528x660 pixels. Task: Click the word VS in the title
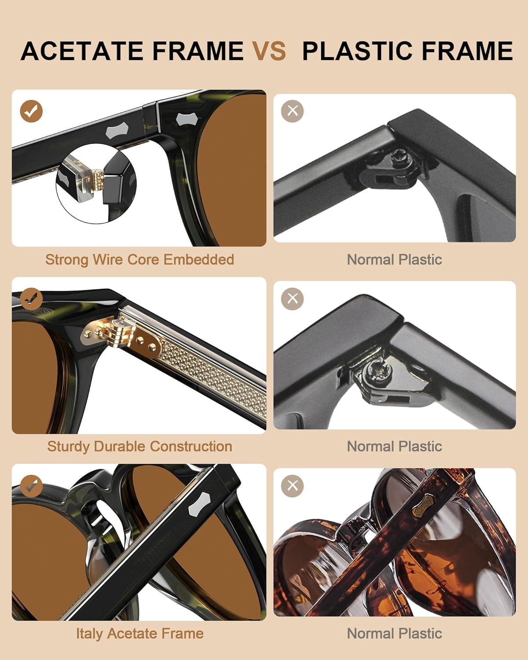click(x=269, y=51)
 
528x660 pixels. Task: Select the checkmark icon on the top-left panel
click(x=31, y=111)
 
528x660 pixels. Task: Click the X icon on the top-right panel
click(x=292, y=111)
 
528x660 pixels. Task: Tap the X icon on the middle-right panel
click(x=292, y=299)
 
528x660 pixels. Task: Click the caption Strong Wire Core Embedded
click(x=139, y=260)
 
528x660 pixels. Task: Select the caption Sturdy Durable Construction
click(x=139, y=447)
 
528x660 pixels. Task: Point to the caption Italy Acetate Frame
click(x=139, y=633)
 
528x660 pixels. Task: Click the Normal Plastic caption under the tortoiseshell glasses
click(x=395, y=633)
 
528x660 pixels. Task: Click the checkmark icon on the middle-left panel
click(x=31, y=299)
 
